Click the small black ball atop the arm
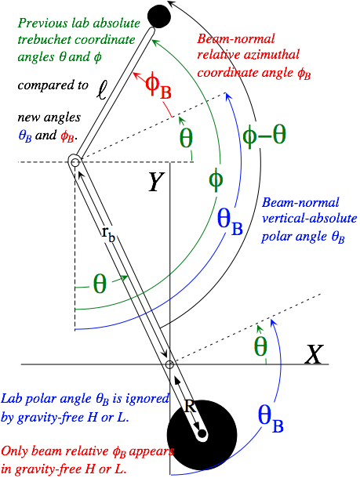pyautogui.click(x=158, y=16)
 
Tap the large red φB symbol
pyautogui.click(x=158, y=87)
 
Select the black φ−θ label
pyautogui.click(x=264, y=135)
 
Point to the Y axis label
pyautogui.click(x=156, y=182)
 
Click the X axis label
pyautogui.click(x=313, y=354)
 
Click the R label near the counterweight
pyautogui.click(x=190, y=406)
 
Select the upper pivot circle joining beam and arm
pyautogui.click(x=75, y=162)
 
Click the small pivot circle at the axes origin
pyautogui.click(x=169, y=364)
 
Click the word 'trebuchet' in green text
pyautogui.click(x=45, y=40)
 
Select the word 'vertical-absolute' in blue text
pyautogui.click(x=309, y=219)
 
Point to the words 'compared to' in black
pyautogui.click(x=53, y=85)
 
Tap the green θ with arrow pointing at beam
pyautogui.click(x=100, y=284)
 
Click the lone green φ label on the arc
pyautogui.click(x=216, y=180)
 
